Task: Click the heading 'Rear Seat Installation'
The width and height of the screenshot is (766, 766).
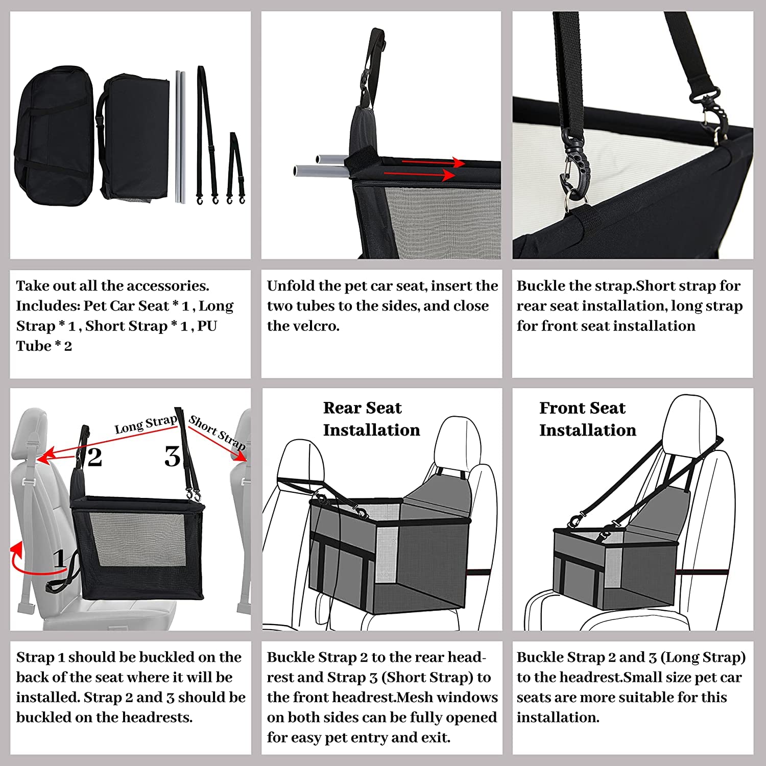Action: pos(371,419)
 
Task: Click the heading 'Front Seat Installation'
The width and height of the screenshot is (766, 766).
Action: pos(587,419)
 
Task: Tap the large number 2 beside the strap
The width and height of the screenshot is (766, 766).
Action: pos(94,457)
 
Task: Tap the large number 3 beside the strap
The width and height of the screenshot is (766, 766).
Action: pos(172,456)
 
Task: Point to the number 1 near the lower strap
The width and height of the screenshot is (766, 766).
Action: pos(60,558)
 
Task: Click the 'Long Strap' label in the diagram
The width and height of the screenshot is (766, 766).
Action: pos(146,424)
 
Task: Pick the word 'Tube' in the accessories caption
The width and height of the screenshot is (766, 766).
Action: pos(33,346)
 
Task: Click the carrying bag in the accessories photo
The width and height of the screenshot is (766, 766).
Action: pos(54,135)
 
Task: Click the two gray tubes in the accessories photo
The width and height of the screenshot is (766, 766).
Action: pos(180,137)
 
